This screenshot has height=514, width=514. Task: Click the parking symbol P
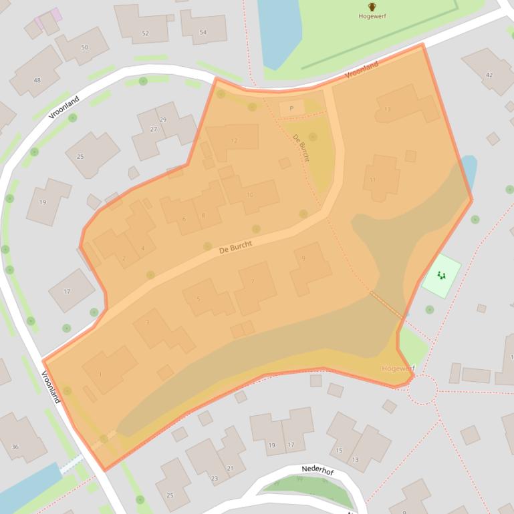tap(291, 108)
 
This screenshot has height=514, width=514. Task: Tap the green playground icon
tap(441, 275)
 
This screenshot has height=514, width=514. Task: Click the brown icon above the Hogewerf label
tap(372, 7)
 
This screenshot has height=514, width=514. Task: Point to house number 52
tap(145, 33)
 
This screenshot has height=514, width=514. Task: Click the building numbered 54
tap(203, 32)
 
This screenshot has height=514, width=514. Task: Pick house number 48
tap(37, 80)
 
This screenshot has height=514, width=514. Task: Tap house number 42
tap(489, 75)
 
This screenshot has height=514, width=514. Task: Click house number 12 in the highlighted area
tap(234, 141)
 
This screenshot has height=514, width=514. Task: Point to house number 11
tap(372, 180)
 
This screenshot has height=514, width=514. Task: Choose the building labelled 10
tap(250, 195)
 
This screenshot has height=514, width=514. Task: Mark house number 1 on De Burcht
tap(100, 374)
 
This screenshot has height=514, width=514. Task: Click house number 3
tap(147, 323)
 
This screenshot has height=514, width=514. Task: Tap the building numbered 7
tap(253, 281)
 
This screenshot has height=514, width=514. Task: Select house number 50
tap(84, 47)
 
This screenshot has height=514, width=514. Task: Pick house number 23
tap(214, 478)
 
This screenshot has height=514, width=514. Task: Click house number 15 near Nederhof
tap(339, 451)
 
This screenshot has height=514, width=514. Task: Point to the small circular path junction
tap(422, 390)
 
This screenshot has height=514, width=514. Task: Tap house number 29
tap(163, 119)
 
